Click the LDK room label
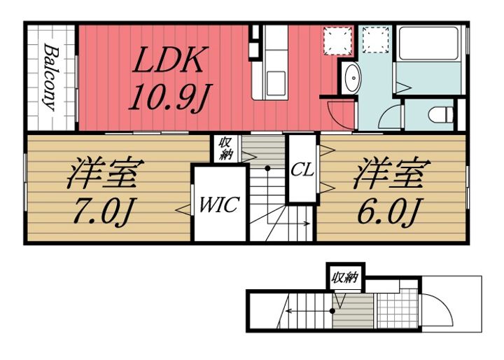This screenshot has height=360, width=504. tap(169, 60)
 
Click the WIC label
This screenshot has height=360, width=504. tap(220, 205)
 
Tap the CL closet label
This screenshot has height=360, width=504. tap(302, 170)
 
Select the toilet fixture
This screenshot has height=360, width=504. tap(441, 115)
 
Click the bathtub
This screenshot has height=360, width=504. tap(428, 43)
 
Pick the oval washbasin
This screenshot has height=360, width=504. tap(353, 78)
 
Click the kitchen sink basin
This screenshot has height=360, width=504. tap(276, 83)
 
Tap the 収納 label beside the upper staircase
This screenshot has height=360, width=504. tap(225, 148)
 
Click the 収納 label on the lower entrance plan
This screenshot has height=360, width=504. tap(345, 277)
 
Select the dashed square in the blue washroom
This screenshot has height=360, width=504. tap(376, 40)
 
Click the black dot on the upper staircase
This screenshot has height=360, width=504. tap(267, 168)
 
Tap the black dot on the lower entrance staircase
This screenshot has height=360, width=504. tap(332, 311)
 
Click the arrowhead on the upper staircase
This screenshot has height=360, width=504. tap(307, 223)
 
